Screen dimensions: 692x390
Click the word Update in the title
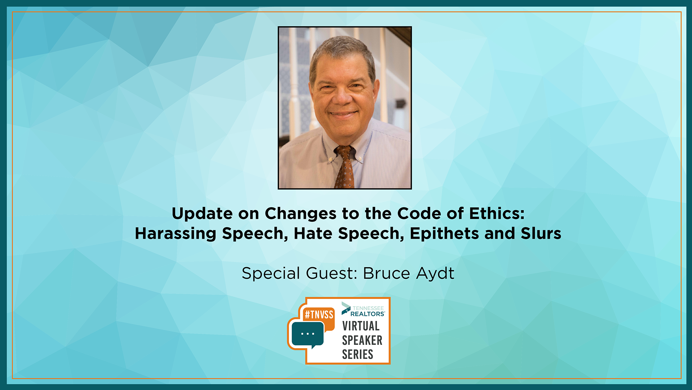pos(202,214)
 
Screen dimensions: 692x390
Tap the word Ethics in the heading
pos(497,213)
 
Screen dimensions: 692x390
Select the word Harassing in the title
pos(176,234)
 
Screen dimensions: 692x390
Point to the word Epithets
pos(444,234)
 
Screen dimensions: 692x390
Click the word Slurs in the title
pos(541,234)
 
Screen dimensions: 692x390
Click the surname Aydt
pos(435,273)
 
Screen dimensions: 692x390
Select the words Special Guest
pos(299,273)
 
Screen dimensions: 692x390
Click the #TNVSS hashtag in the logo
pos(319,315)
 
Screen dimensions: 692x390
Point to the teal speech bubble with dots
pos(307,334)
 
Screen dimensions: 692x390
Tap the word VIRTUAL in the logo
pos(361,326)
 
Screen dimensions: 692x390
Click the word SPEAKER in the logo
pos(362,340)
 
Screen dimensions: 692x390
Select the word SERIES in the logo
pos(358,354)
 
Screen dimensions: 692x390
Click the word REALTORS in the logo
pos(367,314)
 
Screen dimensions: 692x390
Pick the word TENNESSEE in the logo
pos(368,308)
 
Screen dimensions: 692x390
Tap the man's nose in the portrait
pos(341,96)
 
